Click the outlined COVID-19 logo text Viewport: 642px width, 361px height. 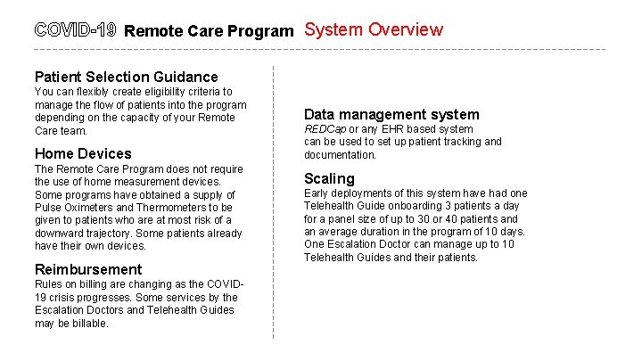(76, 29)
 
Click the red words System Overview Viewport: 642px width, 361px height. (374, 29)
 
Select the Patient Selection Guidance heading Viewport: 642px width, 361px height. (126, 78)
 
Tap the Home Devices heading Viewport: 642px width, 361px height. (82, 153)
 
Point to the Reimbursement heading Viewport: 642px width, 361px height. (87, 269)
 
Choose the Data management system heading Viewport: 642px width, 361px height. (391, 114)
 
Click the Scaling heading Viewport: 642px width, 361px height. (329, 178)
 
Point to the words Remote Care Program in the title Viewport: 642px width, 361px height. (209, 31)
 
